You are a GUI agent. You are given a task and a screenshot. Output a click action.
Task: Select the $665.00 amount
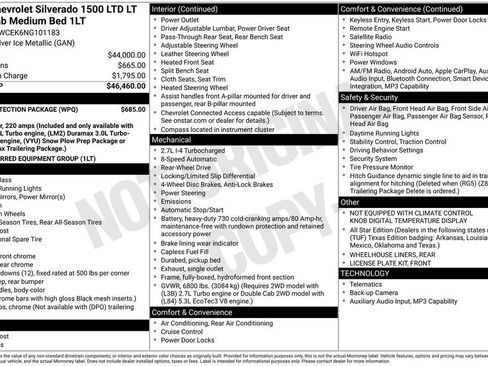tap(129, 64)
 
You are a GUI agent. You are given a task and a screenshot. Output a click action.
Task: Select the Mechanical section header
tap(173, 141)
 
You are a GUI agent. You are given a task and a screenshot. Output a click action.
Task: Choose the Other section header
tap(350, 202)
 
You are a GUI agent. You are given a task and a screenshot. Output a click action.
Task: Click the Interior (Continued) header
tap(186, 7)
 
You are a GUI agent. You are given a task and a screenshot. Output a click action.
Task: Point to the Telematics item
tap(366, 284)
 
